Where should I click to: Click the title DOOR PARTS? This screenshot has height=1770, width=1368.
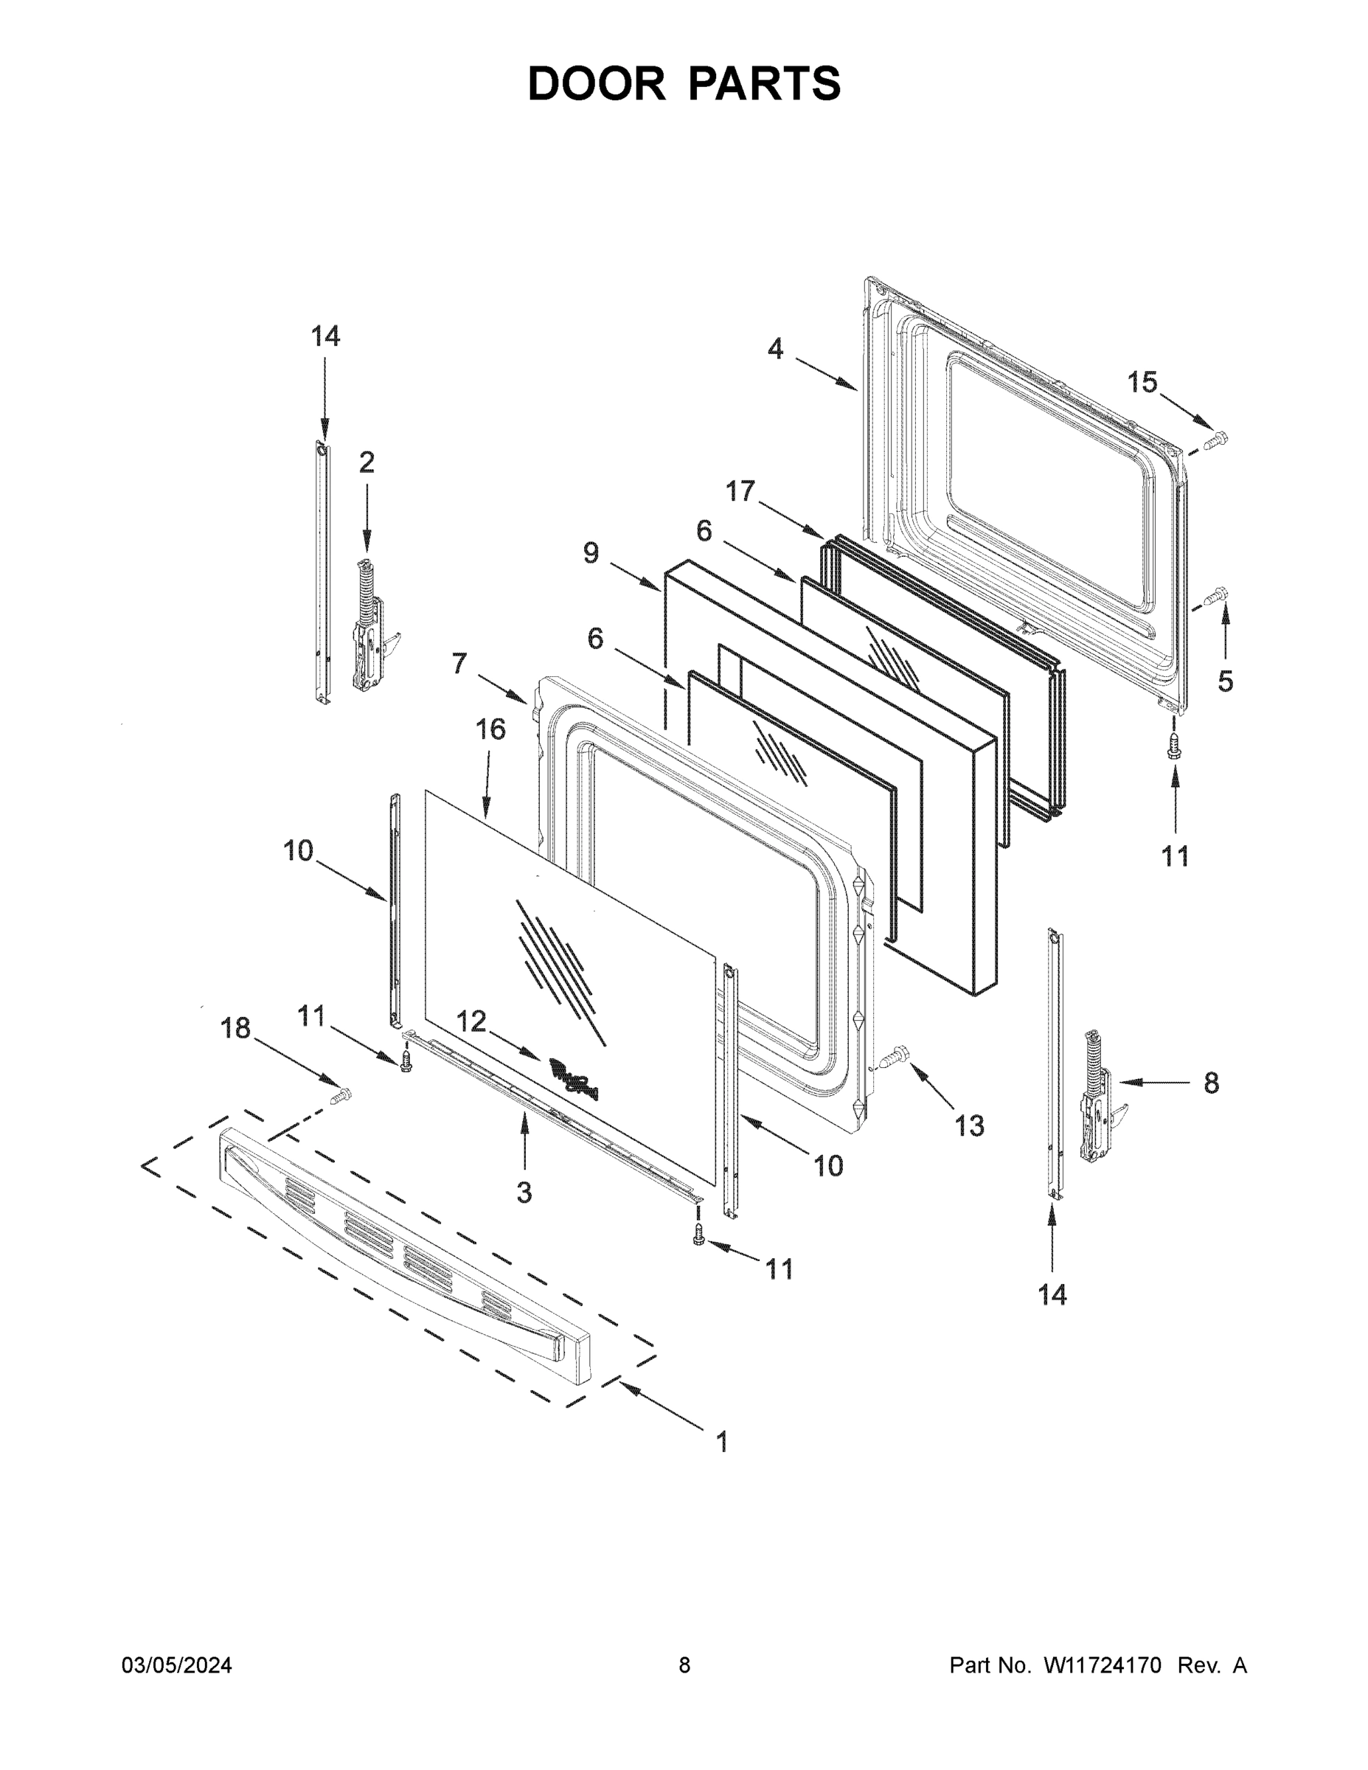684,83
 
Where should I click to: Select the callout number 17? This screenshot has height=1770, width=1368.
740,490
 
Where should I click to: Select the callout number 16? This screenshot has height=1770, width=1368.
490,729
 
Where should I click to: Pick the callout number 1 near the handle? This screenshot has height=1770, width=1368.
721,1442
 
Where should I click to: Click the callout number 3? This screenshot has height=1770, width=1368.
524,1192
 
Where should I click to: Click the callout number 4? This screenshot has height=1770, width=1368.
776,350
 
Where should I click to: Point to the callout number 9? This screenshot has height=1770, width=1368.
591,554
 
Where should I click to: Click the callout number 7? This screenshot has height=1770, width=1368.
459,664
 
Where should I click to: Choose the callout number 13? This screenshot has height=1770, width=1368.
968,1125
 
